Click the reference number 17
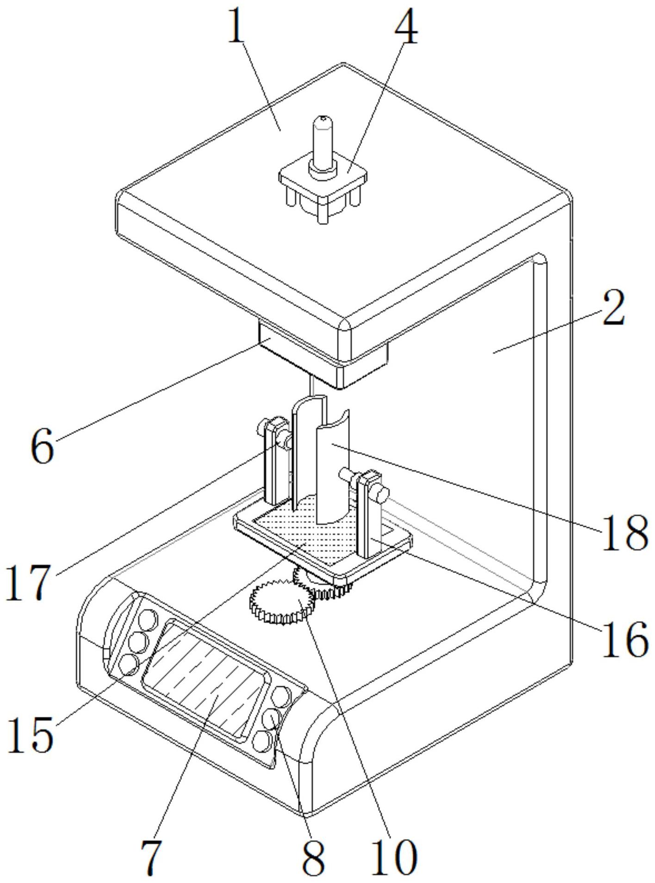click(28, 582)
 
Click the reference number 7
click(150, 856)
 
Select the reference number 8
click(314, 856)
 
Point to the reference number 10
click(393, 856)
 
